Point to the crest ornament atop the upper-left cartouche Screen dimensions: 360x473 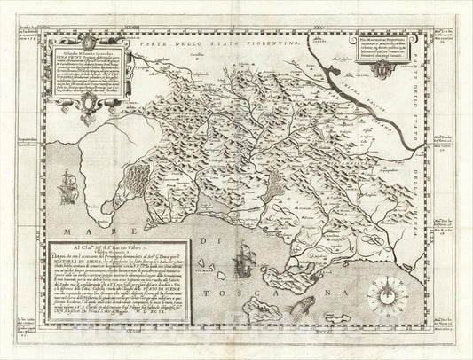coord(92,40)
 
